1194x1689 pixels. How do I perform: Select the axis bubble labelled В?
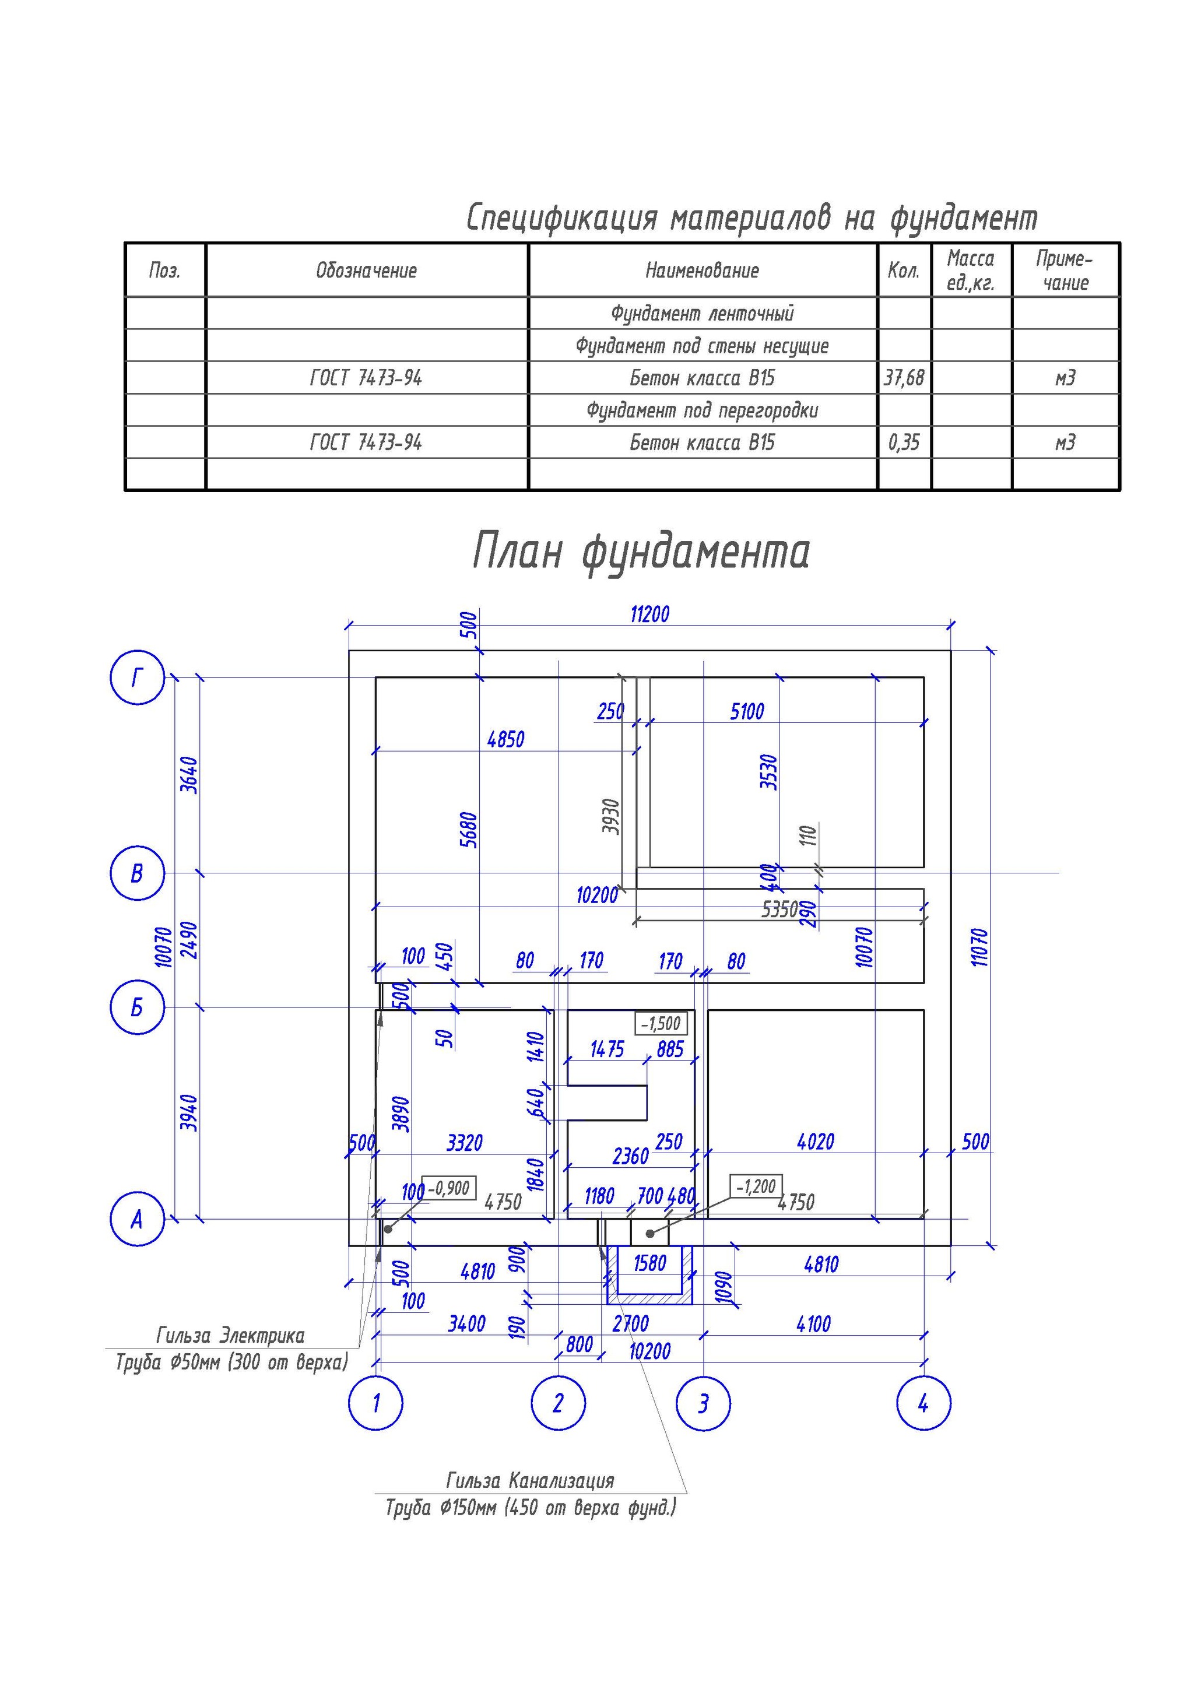pos(137,873)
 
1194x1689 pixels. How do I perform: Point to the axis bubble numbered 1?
pos(376,1403)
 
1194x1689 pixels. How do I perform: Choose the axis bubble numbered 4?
pos(923,1403)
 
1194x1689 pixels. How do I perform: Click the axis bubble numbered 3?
pos(703,1403)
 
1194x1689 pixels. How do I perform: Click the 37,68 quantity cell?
pos(904,378)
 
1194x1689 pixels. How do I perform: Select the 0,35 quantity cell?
pos(904,442)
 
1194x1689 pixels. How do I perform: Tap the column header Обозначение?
pos(366,271)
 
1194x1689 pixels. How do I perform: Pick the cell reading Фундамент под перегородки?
pos(702,410)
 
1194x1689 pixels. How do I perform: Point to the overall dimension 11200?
pos(649,614)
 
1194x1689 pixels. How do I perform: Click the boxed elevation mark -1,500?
pos(661,1023)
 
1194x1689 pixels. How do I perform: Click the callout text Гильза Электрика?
pos(230,1335)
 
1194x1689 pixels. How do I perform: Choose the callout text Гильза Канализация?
pos(530,1480)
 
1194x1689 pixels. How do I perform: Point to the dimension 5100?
pos(747,711)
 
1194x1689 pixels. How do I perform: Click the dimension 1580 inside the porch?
pos(649,1263)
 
